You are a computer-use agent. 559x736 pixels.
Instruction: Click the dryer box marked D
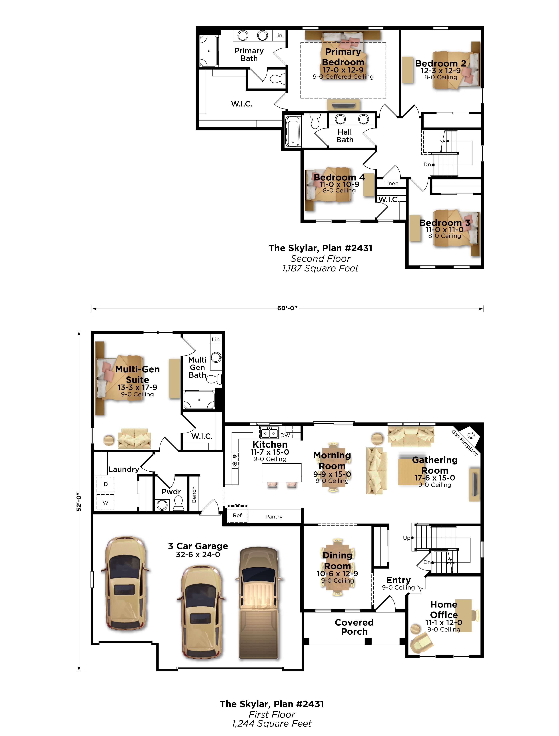coord(106,484)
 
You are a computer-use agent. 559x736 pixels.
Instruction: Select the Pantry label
coord(274,517)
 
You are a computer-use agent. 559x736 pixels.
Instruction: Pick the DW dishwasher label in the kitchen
coord(285,435)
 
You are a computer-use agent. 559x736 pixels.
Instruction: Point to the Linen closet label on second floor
coord(391,183)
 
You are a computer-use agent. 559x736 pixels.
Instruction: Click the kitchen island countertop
coord(282,472)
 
